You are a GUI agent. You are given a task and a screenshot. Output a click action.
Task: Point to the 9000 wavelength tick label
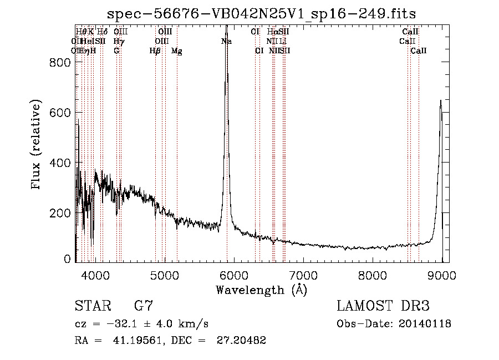(442, 274)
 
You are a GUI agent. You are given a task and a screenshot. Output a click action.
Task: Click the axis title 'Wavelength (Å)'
(261, 290)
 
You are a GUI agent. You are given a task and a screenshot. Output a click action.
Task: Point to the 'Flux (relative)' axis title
(37, 146)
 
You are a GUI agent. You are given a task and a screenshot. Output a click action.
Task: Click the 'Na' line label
(226, 41)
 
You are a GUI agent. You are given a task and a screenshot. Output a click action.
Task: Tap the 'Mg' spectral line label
(177, 51)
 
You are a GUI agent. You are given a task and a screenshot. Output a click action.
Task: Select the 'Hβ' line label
(155, 51)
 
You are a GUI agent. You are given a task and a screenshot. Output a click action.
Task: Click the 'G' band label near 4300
(116, 51)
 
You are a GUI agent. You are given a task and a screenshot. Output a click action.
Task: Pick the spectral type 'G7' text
(144, 306)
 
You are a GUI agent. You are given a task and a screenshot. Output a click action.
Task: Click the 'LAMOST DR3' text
(383, 306)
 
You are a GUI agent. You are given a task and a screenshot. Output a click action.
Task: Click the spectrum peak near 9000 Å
(441, 101)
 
